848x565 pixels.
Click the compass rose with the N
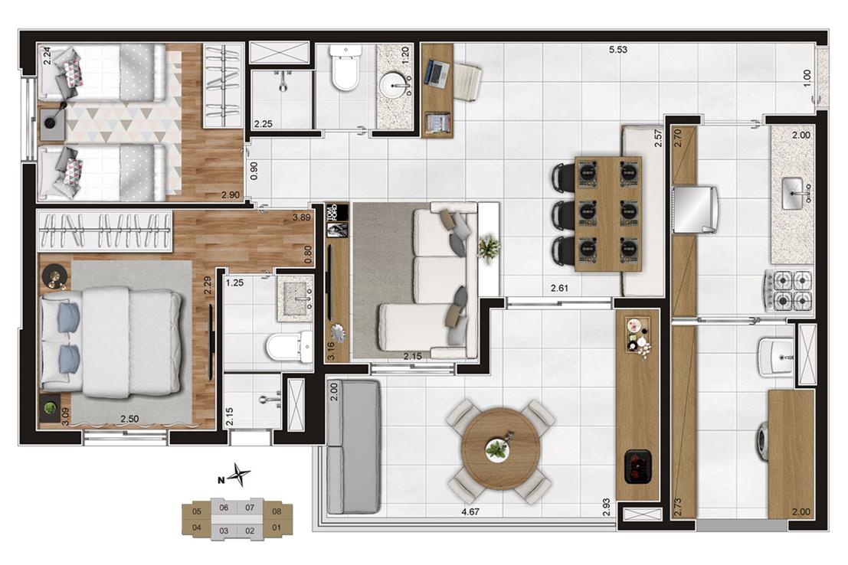point(238,475)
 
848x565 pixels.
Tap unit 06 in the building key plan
point(224,508)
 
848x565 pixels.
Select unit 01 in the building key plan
point(277,527)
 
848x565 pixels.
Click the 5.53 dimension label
point(618,50)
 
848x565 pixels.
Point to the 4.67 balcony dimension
point(470,511)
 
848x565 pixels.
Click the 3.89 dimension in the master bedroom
point(301,218)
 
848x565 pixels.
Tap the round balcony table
point(501,449)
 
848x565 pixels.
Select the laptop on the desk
point(437,73)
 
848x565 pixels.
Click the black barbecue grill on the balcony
point(638,466)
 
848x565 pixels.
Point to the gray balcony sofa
point(354,446)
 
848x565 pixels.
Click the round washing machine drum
point(762,441)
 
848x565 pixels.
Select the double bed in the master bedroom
point(111,340)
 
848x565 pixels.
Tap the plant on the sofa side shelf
point(489,248)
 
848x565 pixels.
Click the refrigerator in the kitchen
point(695,209)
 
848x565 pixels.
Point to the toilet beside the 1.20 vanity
point(345,68)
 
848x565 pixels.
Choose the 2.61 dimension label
point(559,288)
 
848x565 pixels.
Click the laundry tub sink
point(775,357)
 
